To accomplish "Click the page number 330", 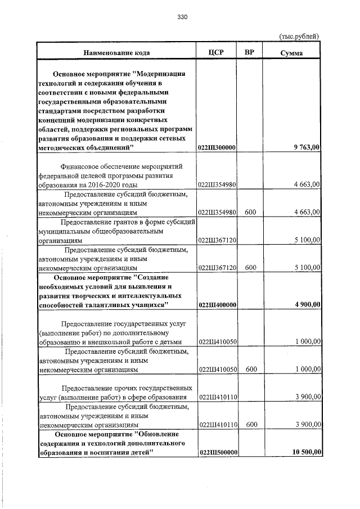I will [181, 17].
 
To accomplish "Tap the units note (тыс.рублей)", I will [299, 36].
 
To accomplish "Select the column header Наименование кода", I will [117, 53].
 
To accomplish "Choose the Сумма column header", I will [292, 53].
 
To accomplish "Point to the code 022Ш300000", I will [217, 147].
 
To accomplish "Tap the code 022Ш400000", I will [217, 305].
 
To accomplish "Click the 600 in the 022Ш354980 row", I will [250, 213].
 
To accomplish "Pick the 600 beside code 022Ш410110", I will [250, 425].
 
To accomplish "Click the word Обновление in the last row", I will [156, 434].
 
